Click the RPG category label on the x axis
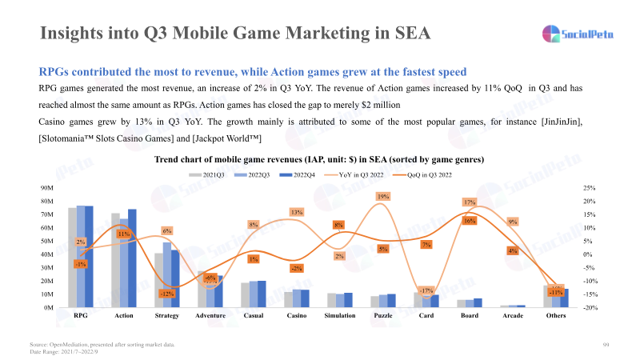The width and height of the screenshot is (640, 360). (80, 316)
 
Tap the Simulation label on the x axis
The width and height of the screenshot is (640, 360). (338, 316)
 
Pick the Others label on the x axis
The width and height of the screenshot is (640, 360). (555, 316)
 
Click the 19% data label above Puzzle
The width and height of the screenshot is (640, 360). (383, 196)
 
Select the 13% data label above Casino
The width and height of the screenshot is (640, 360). (297, 212)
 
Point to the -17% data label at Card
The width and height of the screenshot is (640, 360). (426, 290)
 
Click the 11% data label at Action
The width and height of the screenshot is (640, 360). (123, 234)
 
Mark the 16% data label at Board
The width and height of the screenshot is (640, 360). (470, 220)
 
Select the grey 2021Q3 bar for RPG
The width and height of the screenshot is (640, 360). (72, 257)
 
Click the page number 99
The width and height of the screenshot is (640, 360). (606, 344)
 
